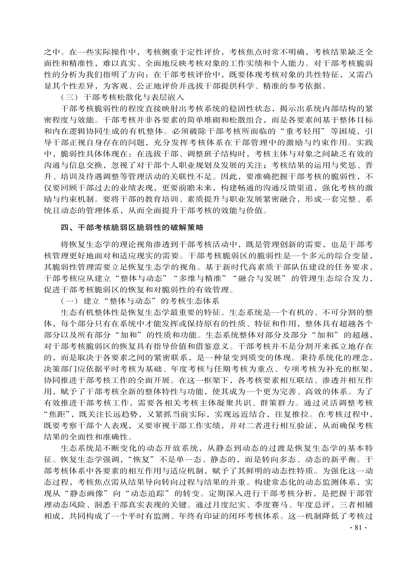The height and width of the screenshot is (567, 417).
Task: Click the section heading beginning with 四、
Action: pos(132,227)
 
